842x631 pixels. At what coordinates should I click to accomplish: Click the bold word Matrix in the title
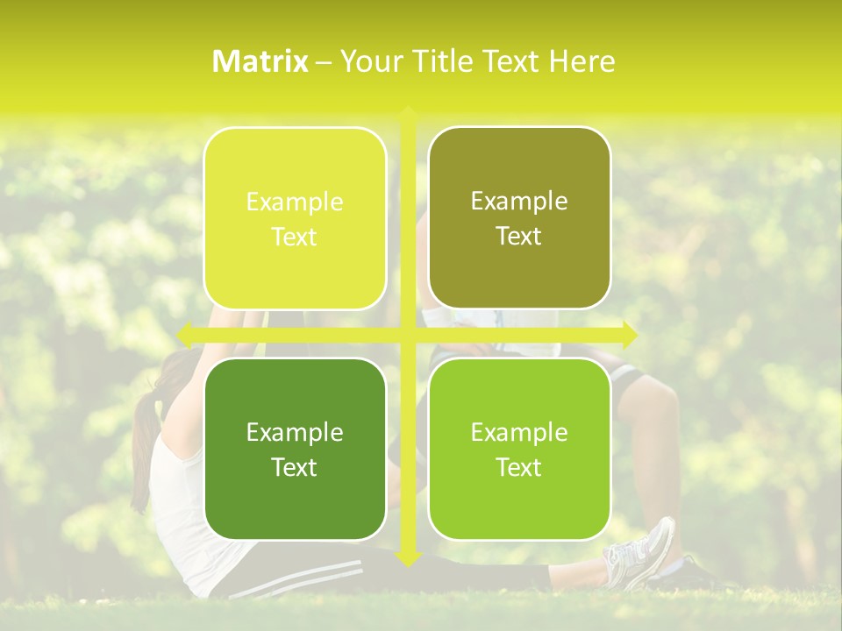260,61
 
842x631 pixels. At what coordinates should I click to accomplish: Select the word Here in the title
582,61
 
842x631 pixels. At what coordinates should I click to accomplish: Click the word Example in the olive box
519,202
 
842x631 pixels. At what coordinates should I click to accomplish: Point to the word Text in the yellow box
294,238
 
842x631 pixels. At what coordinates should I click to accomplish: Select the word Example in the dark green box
294,432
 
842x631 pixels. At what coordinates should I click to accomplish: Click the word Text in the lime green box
519,467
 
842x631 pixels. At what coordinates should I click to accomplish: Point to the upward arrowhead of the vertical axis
407,113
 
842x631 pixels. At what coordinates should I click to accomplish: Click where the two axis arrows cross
407,334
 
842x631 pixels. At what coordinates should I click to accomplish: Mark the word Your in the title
367,61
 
